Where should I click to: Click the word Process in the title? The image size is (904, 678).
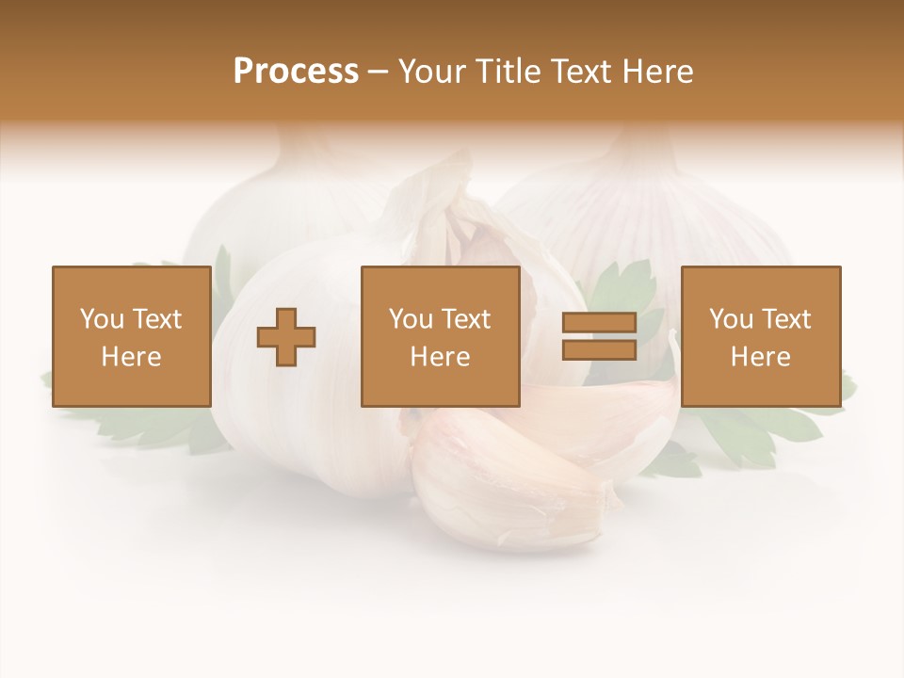point(296,72)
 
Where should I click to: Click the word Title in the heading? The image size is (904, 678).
point(509,72)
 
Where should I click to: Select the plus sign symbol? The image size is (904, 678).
point(286,336)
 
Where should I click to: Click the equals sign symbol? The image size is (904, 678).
point(599,336)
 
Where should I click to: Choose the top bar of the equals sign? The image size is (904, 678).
point(599,323)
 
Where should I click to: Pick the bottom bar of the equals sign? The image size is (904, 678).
point(599,349)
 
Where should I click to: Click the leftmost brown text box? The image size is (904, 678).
point(131,336)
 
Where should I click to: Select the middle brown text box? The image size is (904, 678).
point(440,336)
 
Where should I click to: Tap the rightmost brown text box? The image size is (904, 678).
point(760,336)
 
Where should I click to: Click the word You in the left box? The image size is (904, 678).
point(103,319)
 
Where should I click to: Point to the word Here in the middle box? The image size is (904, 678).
point(440,357)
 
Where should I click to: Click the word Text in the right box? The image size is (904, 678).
point(785,319)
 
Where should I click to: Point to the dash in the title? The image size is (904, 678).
point(379,73)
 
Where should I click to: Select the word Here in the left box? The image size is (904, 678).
point(131,357)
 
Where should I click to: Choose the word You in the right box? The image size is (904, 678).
point(732,319)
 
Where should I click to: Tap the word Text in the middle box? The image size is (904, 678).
point(465,319)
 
